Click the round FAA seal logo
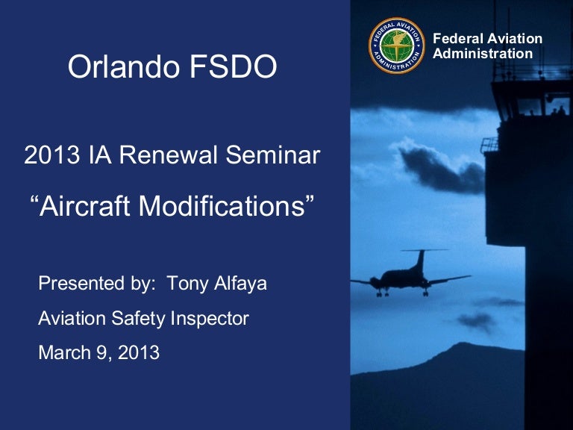[397, 45]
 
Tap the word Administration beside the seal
[483, 54]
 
